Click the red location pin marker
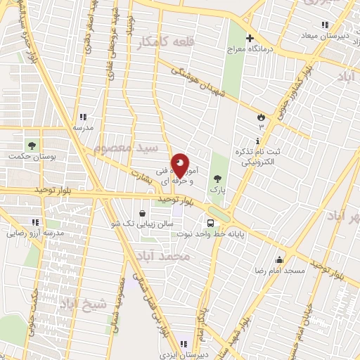(x=180, y=166)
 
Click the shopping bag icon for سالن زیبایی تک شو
(x=143, y=214)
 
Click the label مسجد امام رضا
(x=280, y=271)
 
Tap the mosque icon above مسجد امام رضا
(x=280, y=259)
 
